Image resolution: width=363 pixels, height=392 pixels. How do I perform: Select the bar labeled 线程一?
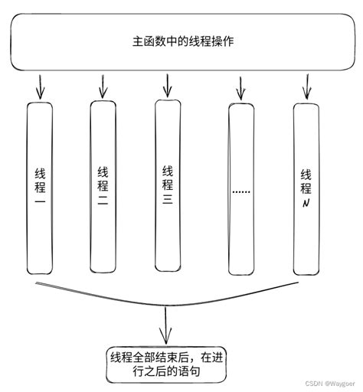[x=40, y=188]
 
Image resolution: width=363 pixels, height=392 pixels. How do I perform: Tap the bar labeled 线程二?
[x=103, y=188]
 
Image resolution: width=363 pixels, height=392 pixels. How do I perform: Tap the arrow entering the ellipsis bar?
[x=240, y=88]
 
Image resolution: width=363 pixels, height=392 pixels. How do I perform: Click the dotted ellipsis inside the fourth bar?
[x=241, y=191]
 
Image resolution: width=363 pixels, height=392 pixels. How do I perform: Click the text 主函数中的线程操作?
[x=181, y=42]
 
